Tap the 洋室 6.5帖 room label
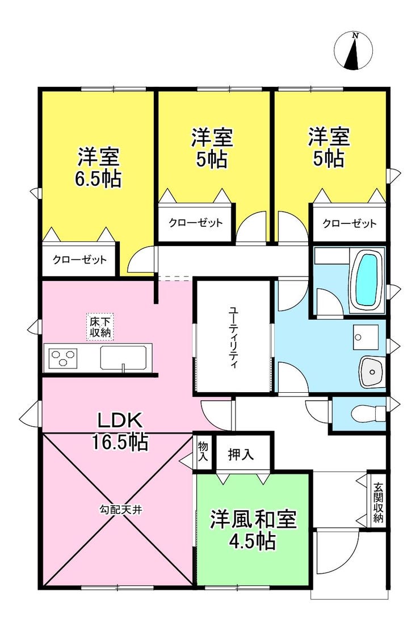click(99, 168)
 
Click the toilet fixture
click(368, 413)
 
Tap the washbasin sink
click(372, 372)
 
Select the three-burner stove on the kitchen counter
click(62, 358)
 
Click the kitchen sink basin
click(124, 358)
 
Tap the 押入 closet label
click(241, 454)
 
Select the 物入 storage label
click(203, 451)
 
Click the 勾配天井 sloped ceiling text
click(120, 510)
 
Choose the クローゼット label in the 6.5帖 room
click(80, 260)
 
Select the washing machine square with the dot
click(366, 337)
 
